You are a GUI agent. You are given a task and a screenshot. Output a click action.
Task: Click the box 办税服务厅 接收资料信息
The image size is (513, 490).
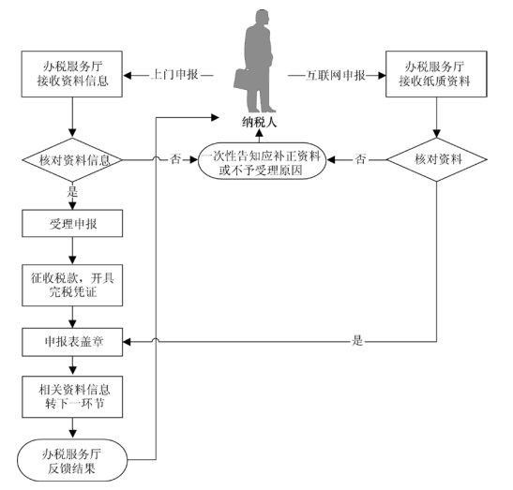[x=72, y=74]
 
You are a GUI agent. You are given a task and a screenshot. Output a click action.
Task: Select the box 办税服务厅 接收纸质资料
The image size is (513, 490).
[x=436, y=74]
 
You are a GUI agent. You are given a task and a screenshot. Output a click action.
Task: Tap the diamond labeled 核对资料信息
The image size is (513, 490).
[x=72, y=160]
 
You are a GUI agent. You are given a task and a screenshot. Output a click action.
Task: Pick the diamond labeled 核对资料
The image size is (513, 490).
[x=437, y=159]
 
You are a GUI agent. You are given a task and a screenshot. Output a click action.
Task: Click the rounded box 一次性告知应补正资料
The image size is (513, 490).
[x=262, y=161]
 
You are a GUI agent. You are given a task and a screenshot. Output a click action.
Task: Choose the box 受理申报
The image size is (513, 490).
[x=72, y=223]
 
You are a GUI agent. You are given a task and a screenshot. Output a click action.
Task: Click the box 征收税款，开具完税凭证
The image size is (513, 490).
[x=72, y=286]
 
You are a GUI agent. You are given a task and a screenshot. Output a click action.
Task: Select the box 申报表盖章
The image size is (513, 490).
[x=72, y=342]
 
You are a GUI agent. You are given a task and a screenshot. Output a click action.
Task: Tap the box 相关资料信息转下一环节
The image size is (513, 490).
[x=72, y=397]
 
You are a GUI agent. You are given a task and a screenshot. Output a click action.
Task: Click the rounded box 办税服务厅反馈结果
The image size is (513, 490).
[x=72, y=460]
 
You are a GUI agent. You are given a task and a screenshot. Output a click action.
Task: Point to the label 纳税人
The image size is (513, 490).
[x=260, y=123]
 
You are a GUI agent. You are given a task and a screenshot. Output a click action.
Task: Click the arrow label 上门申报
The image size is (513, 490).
[x=174, y=75]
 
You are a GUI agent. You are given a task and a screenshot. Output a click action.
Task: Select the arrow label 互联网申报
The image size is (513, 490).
[x=336, y=76]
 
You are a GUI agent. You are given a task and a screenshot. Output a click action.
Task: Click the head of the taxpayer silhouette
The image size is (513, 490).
[x=263, y=18]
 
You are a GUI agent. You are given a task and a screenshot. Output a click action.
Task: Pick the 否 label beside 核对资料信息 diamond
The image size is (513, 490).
[x=175, y=159]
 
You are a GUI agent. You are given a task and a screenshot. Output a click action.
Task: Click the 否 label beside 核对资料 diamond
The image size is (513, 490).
[x=360, y=159]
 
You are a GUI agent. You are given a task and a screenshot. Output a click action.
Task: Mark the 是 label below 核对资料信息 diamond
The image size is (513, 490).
[x=72, y=191]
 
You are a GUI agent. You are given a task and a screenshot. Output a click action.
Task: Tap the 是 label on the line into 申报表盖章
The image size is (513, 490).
[x=357, y=340]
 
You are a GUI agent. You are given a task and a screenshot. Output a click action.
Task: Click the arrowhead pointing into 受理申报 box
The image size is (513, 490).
[x=72, y=206]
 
